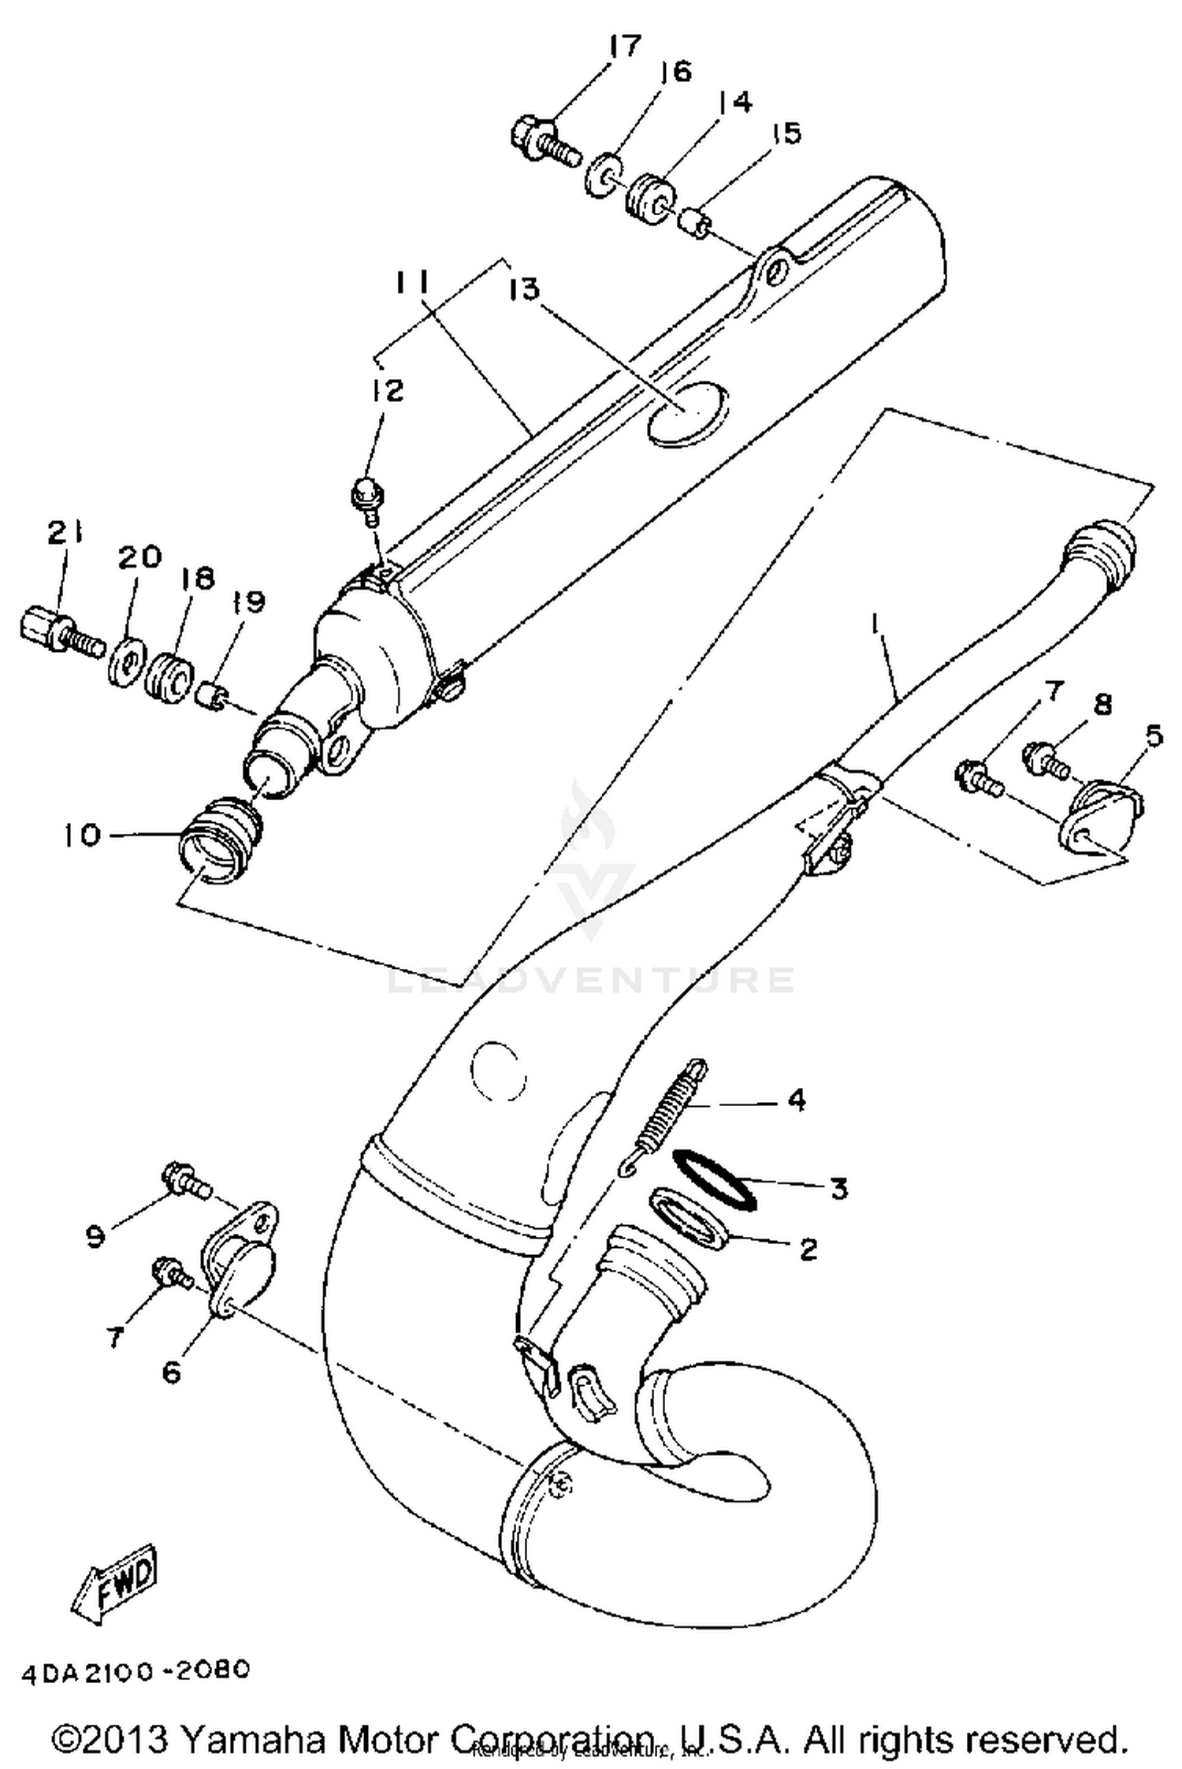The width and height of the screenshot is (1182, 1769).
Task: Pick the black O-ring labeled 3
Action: click(714, 1179)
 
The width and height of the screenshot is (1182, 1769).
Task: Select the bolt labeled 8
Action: click(1044, 758)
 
